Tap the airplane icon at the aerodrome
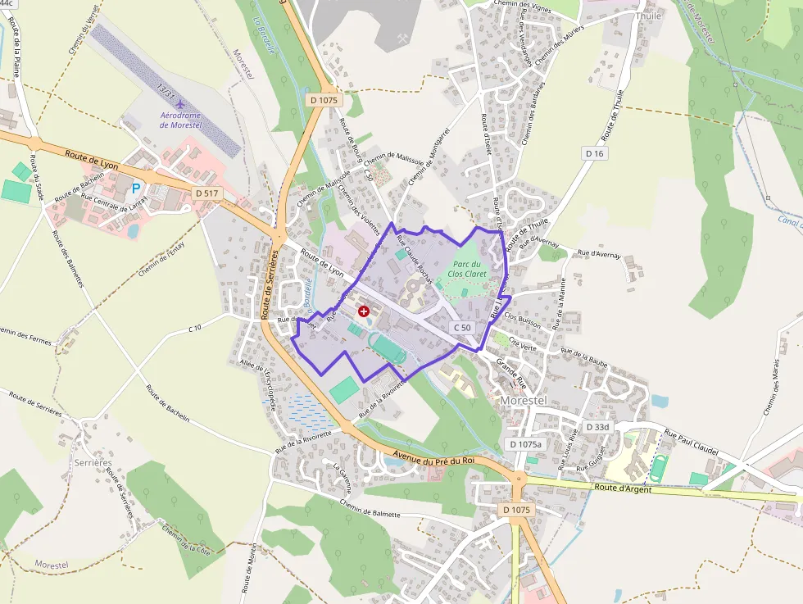click(x=181, y=104)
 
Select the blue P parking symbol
click(x=136, y=188)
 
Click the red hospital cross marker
click(x=364, y=311)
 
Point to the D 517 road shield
click(x=208, y=193)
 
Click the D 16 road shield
click(x=595, y=153)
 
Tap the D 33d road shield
click(x=598, y=427)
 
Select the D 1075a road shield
click(x=526, y=444)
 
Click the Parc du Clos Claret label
click(x=468, y=269)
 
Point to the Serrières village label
click(x=93, y=463)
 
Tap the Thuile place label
click(x=648, y=16)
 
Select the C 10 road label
click(x=194, y=328)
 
